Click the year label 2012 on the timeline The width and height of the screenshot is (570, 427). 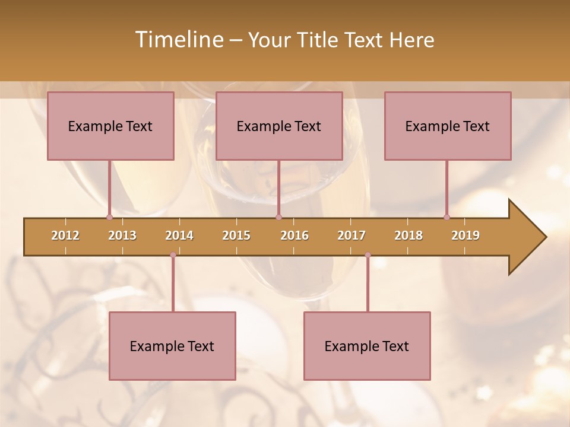[x=65, y=235]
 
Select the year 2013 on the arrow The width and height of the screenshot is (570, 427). [x=122, y=235]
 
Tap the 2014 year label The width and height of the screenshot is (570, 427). [x=179, y=235]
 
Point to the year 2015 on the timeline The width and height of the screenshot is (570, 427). [x=236, y=235]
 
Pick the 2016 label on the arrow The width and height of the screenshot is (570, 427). [x=294, y=235]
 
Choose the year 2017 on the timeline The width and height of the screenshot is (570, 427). [x=351, y=235]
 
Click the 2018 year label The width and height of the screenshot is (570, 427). [x=408, y=235]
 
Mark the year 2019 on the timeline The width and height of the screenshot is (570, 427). [x=465, y=235]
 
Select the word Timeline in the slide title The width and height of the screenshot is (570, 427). [x=178, y=40]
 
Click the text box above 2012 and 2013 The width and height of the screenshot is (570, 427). [x=110, y=126]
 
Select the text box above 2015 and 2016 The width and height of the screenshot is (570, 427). [x=279, y=126]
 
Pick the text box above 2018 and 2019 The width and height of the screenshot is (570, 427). [x=448, y=126]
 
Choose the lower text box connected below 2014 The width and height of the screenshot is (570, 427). [x=172, y=346]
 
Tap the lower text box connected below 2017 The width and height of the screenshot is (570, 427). [x=367, y=346]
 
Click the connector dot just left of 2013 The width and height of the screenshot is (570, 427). [x=109, y=217]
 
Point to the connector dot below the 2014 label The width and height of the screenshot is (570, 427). [x=173, y=255]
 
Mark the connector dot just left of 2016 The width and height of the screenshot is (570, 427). [x=279, y=217]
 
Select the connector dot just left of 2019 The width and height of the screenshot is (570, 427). [x=447, y=217]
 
